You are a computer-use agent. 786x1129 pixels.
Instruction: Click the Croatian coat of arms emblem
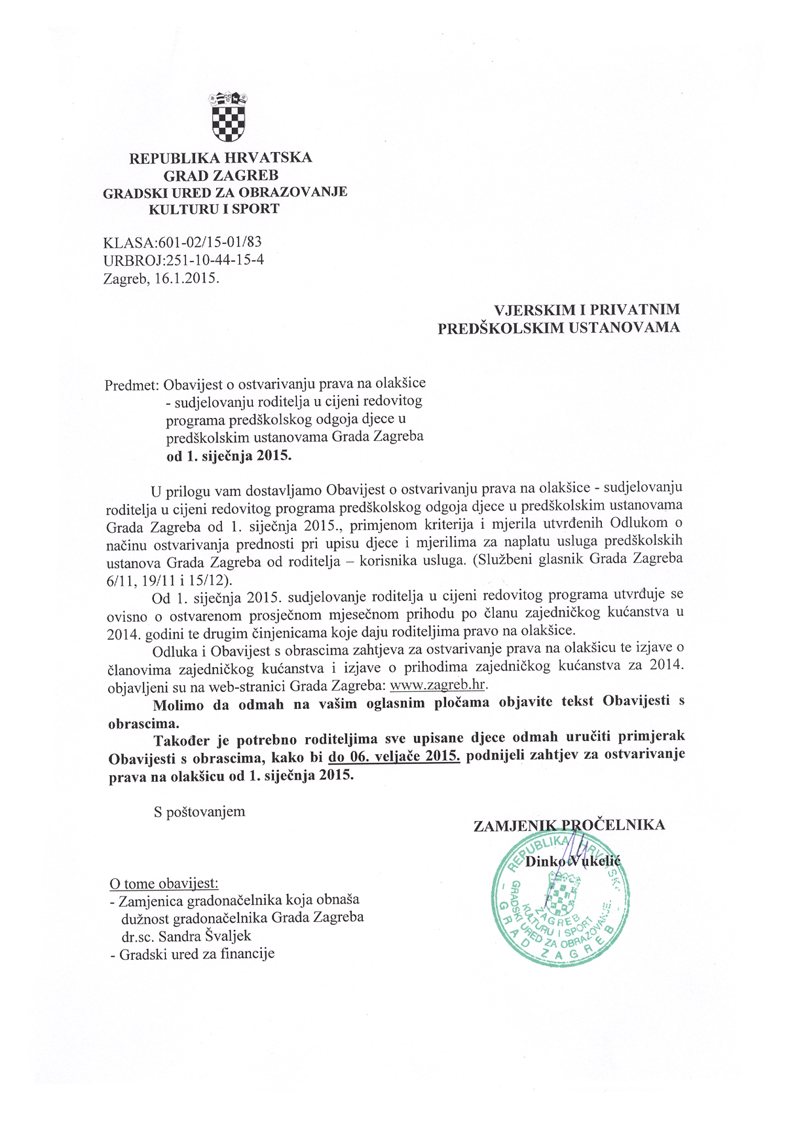(x=227, y=117)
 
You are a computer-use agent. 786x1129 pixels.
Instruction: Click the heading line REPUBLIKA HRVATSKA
(x=221, y=158)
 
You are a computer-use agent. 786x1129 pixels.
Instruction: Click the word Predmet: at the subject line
(x=132, y=385)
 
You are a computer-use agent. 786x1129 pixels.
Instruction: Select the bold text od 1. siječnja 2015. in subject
(x=229, y=455)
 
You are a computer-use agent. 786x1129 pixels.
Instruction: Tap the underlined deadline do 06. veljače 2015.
(x=394, y=756)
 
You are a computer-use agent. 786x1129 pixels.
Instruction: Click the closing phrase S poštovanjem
(x=199, y=812)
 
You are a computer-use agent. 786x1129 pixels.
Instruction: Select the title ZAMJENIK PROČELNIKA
(x=569, y=825)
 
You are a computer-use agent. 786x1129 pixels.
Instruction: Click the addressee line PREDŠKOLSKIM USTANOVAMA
(x=559, y=328)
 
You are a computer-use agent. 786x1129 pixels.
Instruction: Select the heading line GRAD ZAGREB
(x=221, y=176)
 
